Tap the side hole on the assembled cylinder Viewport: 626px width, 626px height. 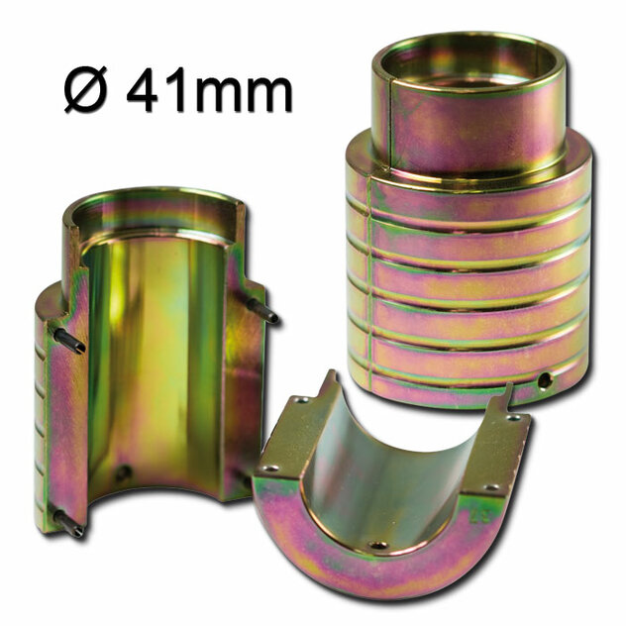pyautogui.click(x=543, y=380)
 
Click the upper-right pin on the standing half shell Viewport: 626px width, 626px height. pyautogui.click(x=261, y=310)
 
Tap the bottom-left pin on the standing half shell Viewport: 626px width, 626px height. pyautogui.click(x=68, y=523)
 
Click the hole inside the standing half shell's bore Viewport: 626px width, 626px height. pyautogui.click(x=123, y=473)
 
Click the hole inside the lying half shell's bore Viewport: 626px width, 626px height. pyautogui.click(x=377, y=545)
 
